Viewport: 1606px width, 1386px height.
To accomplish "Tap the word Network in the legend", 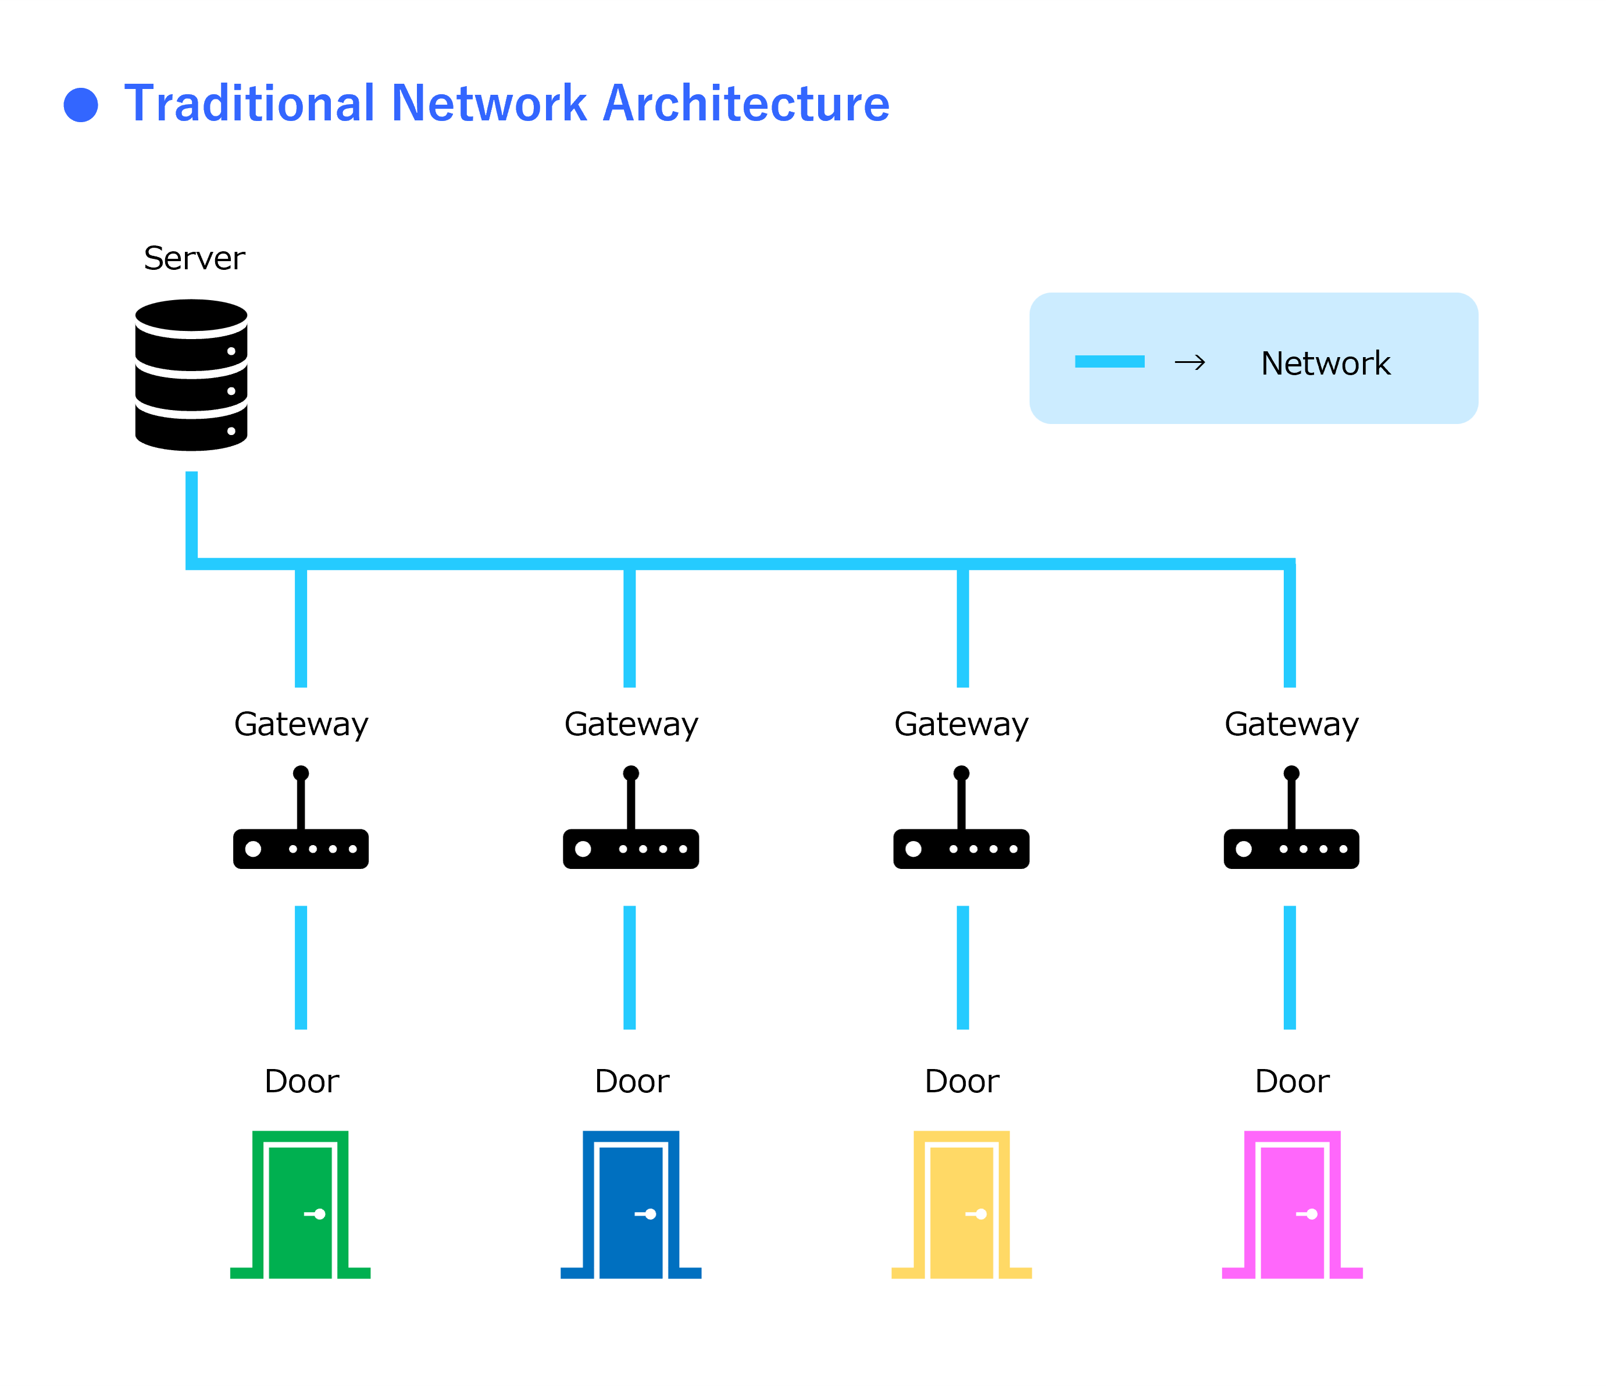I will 1325,363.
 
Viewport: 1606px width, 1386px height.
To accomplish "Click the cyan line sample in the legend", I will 1109,361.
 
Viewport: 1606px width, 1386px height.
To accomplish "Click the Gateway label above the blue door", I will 631,724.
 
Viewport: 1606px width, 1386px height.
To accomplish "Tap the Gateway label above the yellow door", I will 961,724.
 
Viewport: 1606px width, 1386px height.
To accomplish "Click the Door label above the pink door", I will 1292,1081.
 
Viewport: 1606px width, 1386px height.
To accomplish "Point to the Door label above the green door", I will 302,1081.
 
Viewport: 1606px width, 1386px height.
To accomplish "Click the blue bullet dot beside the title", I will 81,105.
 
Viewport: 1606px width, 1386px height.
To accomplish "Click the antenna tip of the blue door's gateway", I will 631,773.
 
